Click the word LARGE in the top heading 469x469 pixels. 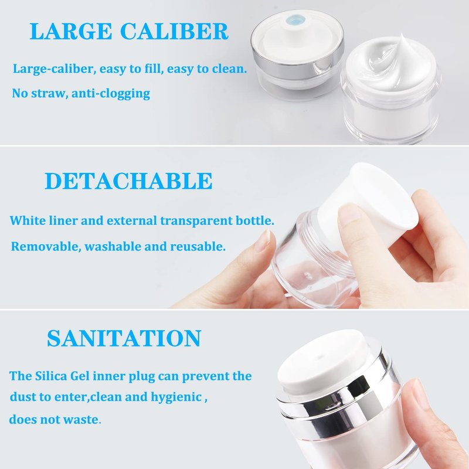click(71, 31)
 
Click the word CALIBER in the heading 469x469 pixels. click(174, 31)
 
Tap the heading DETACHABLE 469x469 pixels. click(128, 181)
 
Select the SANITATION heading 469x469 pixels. click(124, 338)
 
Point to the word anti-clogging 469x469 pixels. click(111, 94)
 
